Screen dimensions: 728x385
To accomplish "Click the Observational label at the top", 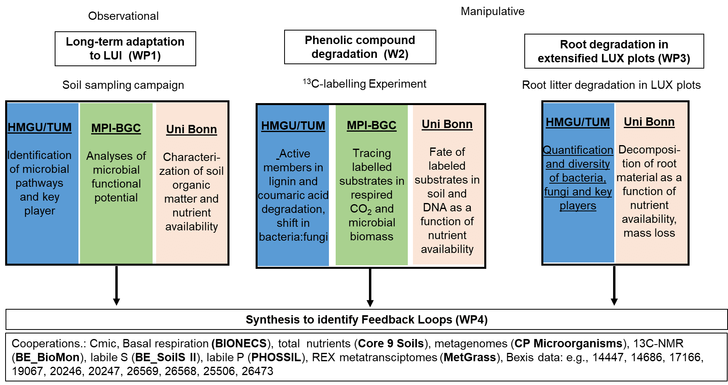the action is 123,16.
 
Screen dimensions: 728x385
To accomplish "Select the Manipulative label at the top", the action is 493,11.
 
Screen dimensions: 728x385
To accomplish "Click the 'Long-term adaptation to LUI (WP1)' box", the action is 125,49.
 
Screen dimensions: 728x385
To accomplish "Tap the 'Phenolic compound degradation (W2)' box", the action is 360,47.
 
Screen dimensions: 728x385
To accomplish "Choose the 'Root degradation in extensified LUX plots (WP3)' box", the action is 614,51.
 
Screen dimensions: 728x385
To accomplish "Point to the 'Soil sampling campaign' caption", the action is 123,85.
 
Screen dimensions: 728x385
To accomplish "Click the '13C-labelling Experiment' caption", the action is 365,84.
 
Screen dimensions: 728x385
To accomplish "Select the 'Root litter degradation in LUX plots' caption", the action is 611,85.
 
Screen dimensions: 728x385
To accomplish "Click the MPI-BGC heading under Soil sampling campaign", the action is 116,128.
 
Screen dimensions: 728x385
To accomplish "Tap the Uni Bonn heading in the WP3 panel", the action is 649,122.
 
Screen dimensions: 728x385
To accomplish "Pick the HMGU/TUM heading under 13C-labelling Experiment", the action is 293,126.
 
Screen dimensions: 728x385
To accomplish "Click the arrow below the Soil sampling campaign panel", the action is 117,285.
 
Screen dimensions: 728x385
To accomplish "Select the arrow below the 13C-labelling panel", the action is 370,287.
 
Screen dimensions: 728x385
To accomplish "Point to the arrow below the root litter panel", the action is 614,285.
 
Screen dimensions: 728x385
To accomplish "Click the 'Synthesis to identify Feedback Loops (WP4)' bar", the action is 367,319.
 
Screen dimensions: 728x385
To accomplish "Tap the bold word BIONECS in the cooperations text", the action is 241,343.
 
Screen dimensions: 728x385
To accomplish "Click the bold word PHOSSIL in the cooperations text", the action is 276,357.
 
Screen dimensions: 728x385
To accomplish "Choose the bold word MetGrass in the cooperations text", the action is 470,357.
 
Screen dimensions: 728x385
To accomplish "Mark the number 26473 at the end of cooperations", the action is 257,371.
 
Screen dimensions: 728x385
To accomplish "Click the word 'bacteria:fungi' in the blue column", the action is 293,237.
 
